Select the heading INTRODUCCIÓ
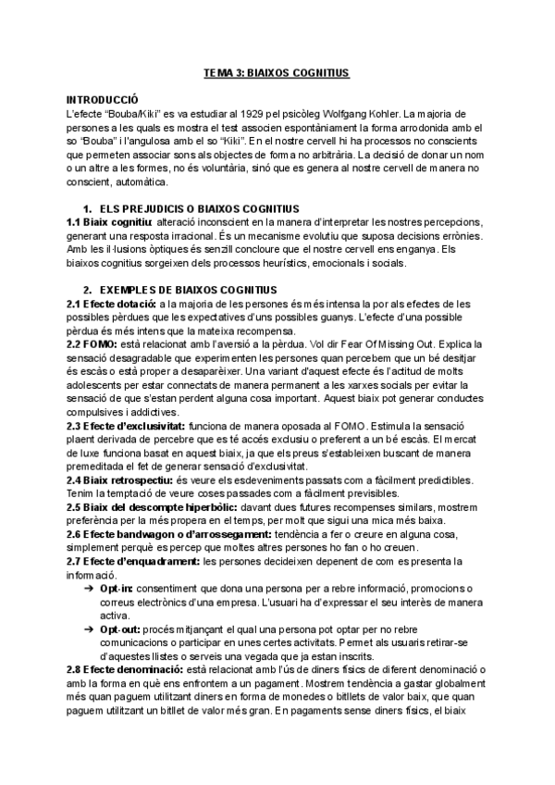coord(102,97)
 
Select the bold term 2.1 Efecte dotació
coord(110,304)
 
